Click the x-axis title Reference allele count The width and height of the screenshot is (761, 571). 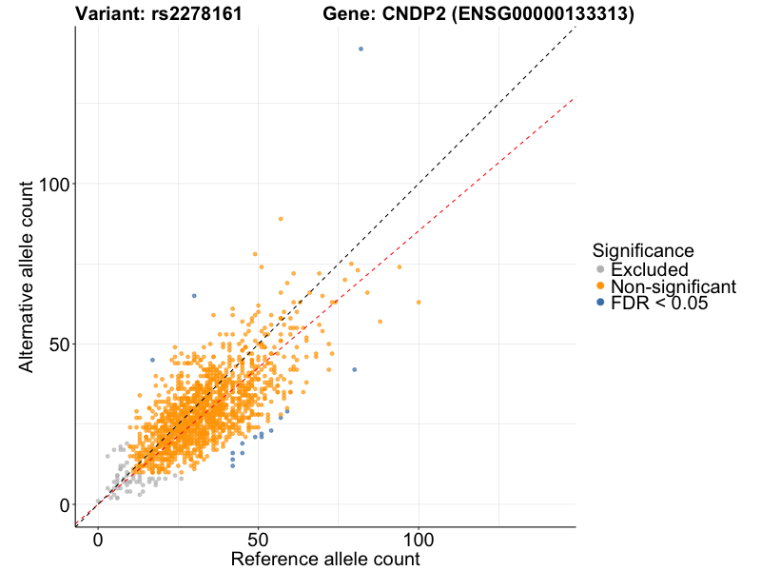(325, 559)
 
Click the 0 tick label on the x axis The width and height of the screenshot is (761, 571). (98, 540)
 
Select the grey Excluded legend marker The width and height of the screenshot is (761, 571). (599, 270)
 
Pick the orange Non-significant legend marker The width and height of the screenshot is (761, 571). (599, 286)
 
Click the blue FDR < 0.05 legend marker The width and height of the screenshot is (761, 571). (599, 303)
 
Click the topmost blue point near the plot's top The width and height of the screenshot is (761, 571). (361, 49)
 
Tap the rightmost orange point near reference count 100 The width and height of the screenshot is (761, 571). (419, 302)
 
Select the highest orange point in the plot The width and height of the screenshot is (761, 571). (281, 218)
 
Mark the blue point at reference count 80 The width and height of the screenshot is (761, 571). (355, 369)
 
